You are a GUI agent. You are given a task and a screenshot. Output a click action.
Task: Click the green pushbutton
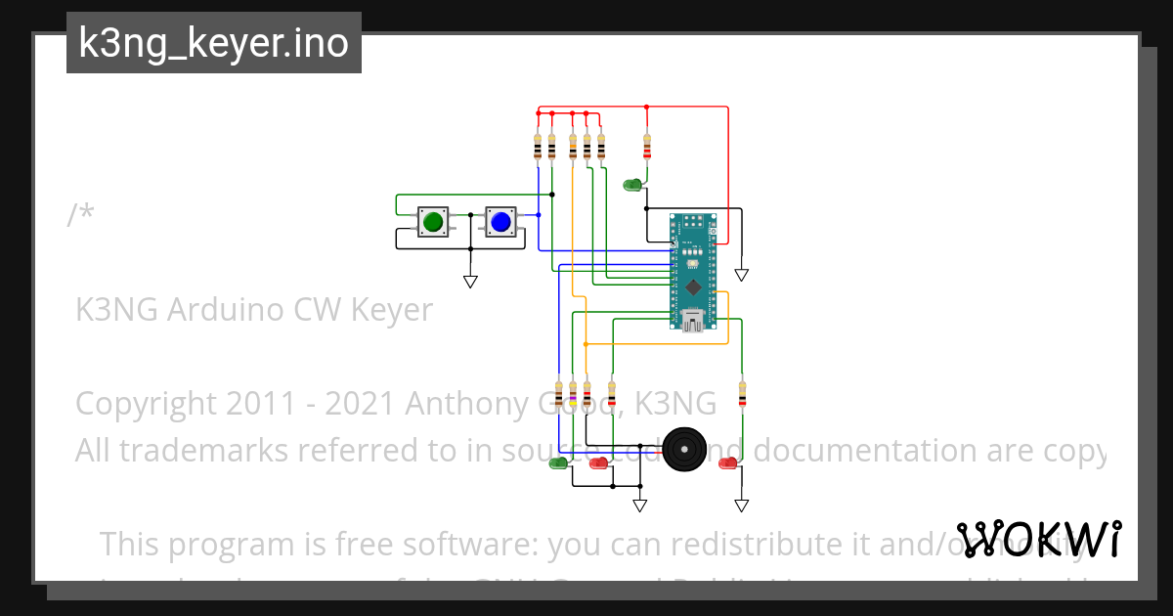[x=433, y=222]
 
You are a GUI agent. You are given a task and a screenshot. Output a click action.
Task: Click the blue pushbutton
[x=500, y=222]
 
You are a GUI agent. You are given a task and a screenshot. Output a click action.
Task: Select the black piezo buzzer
[x=683, y=450]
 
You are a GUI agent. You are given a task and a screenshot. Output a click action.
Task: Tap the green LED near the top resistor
[x=632, y=184]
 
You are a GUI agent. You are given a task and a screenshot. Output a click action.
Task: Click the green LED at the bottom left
[x=558, y=462]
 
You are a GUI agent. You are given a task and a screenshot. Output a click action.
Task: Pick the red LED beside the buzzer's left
[x=598, y=462]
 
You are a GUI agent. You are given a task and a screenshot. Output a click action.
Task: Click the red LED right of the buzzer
[x=727, y=462]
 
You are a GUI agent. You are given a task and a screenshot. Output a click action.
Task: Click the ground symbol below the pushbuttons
[x=470, y=282]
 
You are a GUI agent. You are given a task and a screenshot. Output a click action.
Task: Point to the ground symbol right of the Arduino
[x=742, y=276]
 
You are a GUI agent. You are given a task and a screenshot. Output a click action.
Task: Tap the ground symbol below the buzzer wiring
[x=639, y=506]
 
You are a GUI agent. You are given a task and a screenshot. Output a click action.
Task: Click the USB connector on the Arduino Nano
[x=693, y=321]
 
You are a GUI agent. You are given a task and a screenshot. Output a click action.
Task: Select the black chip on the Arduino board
[x=693, y=286]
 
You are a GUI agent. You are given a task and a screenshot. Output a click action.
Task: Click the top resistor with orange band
[x=572, y=147]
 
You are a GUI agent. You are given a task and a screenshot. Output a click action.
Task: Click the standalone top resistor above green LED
[x=646, y=147]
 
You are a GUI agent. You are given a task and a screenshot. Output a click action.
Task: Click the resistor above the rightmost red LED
[x=742, y=395]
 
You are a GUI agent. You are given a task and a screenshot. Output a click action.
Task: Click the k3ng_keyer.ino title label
[x=213, y=43]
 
